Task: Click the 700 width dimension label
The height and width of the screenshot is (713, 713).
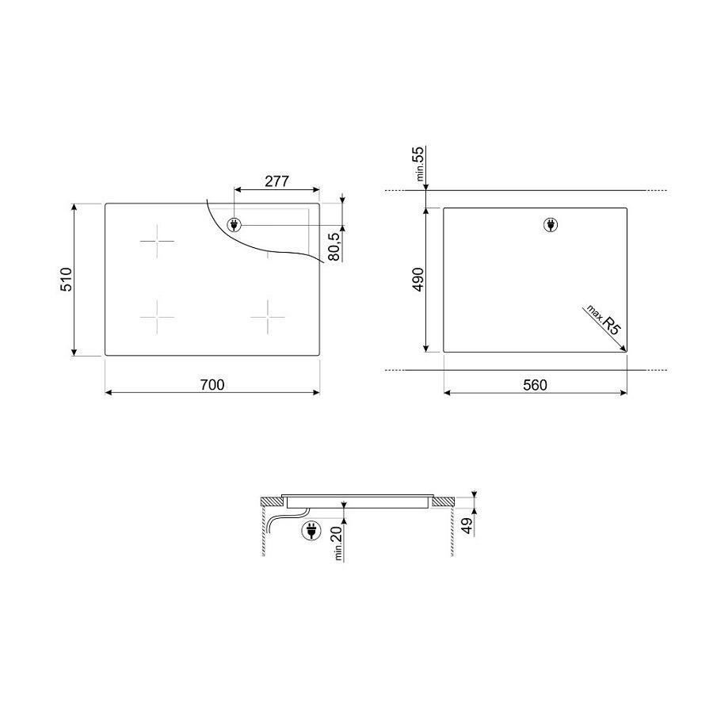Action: tap(212, 385)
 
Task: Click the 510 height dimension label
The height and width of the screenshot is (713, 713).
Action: tap(67, 279)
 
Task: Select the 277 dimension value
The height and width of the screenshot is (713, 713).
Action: tap(276, 181)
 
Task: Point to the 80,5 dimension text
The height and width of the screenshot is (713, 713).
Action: tap(334, 246)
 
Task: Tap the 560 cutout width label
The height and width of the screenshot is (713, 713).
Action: tap(535, 385)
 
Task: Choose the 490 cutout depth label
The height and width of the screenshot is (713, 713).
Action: tap(418, 279)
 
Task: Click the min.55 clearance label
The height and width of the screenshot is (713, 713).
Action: tap(418, 163)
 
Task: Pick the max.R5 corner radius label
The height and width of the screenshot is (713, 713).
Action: tap(604, 320)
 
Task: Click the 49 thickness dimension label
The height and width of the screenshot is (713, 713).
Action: tap(467, 526)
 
